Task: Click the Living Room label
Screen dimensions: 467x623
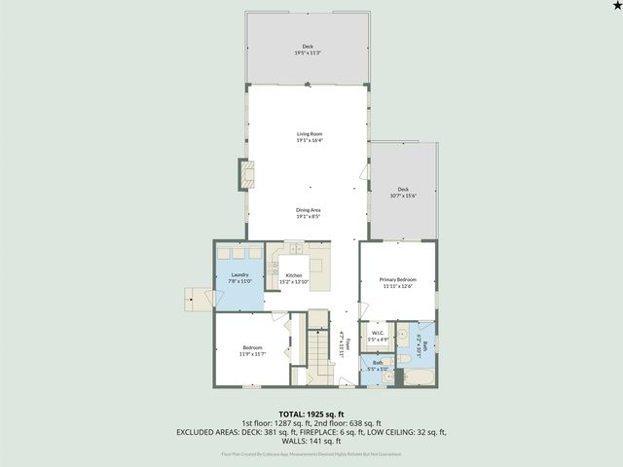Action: [310, 137]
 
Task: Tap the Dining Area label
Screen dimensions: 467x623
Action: [310, 213]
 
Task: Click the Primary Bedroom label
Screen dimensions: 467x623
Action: [397, 282]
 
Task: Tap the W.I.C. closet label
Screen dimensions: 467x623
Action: [378, 337]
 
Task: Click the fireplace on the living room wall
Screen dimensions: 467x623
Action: [244, 175]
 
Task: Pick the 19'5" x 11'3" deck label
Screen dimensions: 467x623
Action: [308, 50]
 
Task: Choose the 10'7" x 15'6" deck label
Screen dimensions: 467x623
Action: [402, 192]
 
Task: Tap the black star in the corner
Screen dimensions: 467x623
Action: [613, 8]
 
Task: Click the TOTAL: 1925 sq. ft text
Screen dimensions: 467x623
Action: [311, 413]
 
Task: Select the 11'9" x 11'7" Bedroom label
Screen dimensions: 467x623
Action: [252, 350]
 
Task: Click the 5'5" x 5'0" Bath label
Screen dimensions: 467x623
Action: [377, 365]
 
